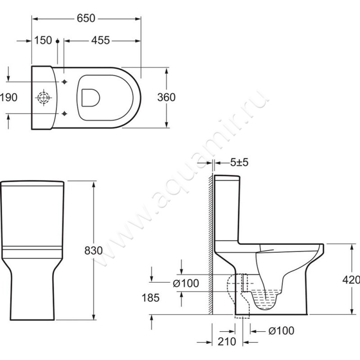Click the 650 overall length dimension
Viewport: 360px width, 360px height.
pos(86,18)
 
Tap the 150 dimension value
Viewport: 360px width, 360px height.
pos(43,40)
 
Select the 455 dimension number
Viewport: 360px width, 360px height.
pos(100,40)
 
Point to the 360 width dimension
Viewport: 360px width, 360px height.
pos(166,97)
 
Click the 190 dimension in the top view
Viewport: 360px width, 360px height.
pos(9,98)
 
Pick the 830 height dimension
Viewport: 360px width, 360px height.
pos(94,251)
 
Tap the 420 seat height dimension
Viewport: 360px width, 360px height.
pos(351,280)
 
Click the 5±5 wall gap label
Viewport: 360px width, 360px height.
pos(239,162)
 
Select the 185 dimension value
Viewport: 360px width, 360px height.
pos(150,298)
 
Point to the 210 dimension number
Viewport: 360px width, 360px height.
pos(227,342)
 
